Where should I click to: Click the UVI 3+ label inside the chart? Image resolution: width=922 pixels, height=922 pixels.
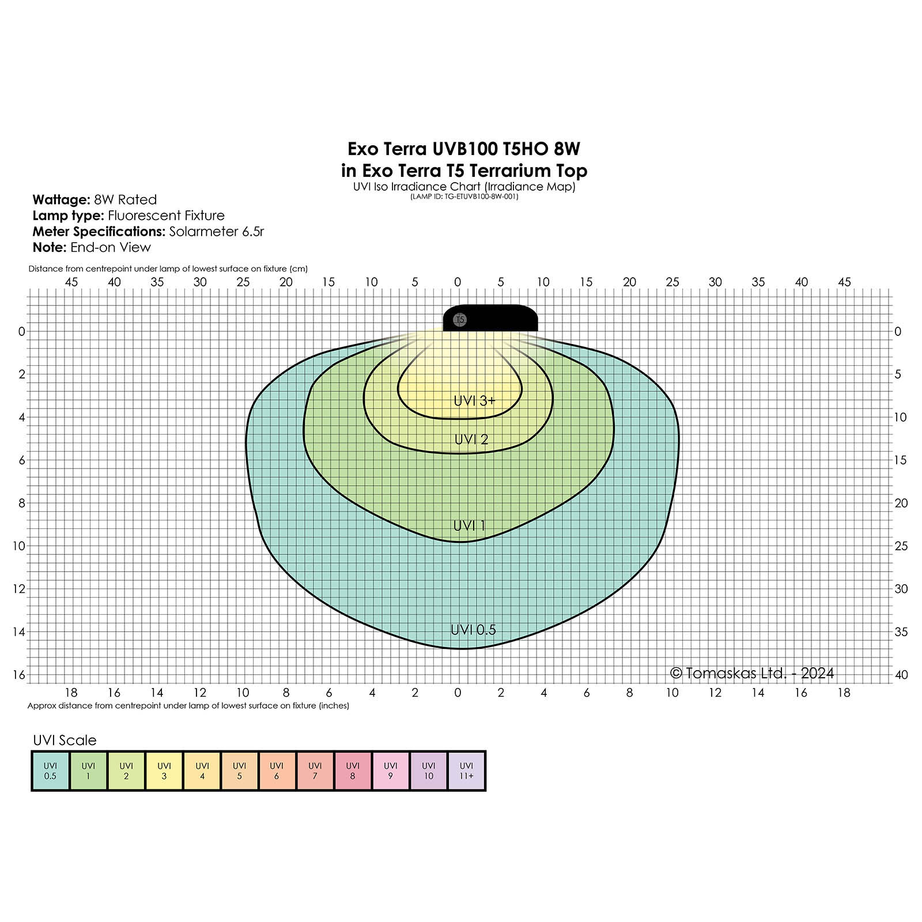474,400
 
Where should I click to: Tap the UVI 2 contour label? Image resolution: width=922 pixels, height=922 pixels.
471,439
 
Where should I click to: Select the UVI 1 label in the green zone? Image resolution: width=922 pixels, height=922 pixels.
469,526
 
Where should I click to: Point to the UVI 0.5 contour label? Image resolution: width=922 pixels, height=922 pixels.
473,630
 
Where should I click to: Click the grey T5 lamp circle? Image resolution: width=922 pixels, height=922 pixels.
460,319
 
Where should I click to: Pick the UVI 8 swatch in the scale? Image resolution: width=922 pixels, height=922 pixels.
353,771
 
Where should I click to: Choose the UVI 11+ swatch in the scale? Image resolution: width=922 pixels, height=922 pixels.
467,771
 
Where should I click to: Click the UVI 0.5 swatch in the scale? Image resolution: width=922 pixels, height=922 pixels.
50,771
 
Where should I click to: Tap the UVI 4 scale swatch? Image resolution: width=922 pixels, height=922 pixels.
202,771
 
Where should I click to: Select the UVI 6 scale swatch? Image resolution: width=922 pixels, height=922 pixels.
277,771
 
